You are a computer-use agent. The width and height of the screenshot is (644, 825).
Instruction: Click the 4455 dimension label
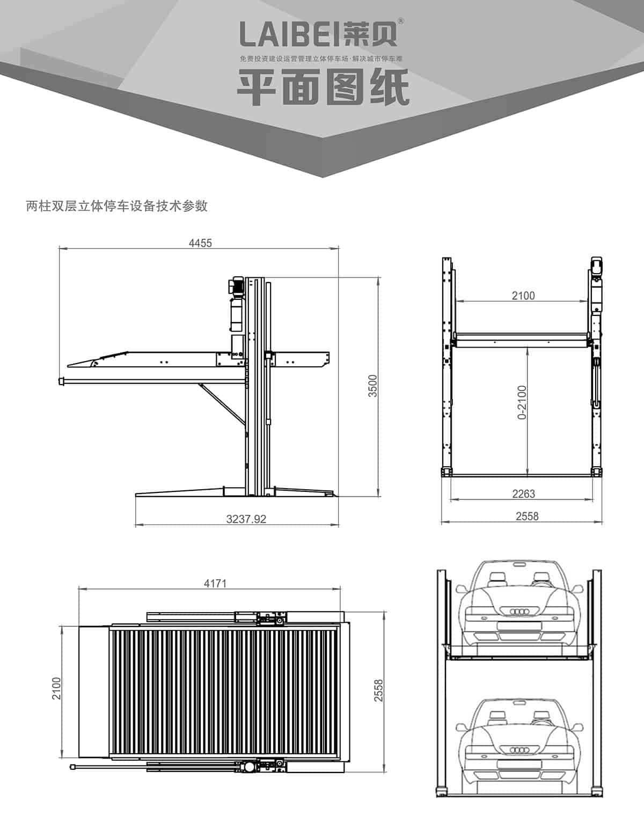200,243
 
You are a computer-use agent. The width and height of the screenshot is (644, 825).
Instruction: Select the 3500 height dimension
373,386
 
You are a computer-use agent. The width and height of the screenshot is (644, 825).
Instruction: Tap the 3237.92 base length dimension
246,519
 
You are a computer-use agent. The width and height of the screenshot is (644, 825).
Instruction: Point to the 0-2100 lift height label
522,402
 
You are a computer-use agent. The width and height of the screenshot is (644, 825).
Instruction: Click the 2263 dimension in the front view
523,493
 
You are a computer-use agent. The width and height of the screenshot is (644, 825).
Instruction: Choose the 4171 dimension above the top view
215,583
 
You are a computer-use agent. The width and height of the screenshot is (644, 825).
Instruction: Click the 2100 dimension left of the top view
57,688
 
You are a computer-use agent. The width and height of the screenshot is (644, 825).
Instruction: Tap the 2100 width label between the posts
523,296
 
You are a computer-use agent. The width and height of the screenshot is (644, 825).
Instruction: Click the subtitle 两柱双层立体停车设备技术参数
116,206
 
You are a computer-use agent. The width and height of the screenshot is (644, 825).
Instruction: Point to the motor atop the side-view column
237,286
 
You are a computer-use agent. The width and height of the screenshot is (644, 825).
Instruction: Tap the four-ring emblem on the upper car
519,612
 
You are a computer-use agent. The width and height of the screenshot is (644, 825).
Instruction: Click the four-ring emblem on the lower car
519,749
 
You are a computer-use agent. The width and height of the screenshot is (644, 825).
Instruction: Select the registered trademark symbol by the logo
401,21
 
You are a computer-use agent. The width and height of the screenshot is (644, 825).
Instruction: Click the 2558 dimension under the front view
526,516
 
